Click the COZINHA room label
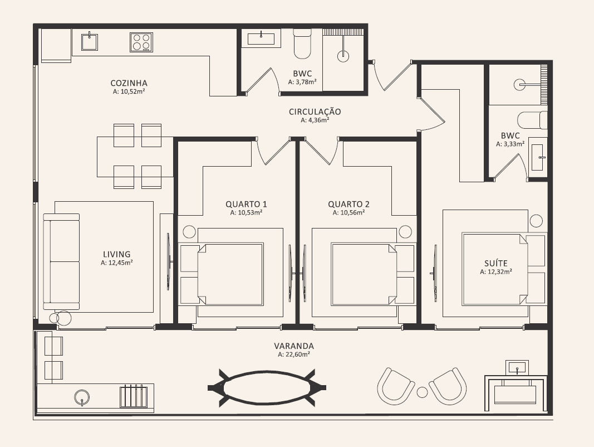tap(129, 83)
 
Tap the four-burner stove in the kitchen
tap(141, 42)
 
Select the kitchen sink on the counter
tap(90, 42)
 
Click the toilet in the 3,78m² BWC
tap(302, 45)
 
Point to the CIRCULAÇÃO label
tap(315, 112)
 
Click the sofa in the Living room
tap(61, 261)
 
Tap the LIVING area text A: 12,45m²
tap(117, 263)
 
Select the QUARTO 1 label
tap(246, 205)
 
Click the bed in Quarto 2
tap(364, 274)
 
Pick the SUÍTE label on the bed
tap(496, 263)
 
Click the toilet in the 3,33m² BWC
tap(532, 120)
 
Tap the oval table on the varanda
tap(267, 387)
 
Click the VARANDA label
tap(294, 346)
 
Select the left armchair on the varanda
tap(395, 387)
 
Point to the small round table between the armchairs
tap(422, 392)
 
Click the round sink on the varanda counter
tap(82, 398)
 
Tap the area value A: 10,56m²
tap(348, 213)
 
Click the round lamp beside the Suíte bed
tap(536, 221)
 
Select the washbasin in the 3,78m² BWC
tap(262, 38)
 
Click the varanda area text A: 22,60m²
tap(294, 355)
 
